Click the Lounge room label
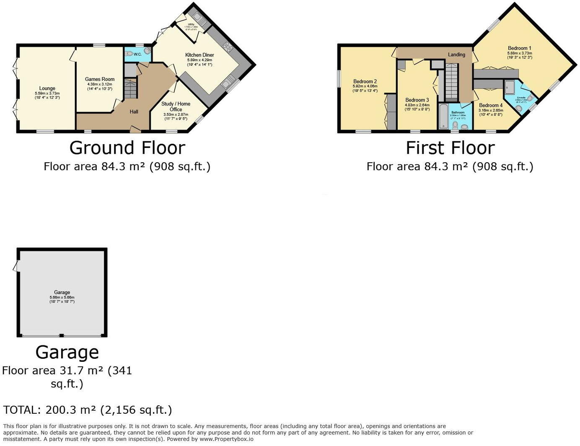(47, 88)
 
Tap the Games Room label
(99, 79)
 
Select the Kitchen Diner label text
(199, 55)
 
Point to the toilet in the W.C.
(129, 54)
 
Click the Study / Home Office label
(176, 106)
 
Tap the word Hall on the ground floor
(134, 111)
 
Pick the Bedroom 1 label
(519, 48)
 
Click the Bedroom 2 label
(365, 81)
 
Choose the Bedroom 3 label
(417, 100)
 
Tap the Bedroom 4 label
(491, 105)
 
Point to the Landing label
(456, 54)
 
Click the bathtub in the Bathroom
(443, 117)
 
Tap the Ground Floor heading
(127, 148)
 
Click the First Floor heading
(450, 148)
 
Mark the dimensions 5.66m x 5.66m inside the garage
(62, 297)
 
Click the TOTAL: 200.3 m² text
(88, 410)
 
